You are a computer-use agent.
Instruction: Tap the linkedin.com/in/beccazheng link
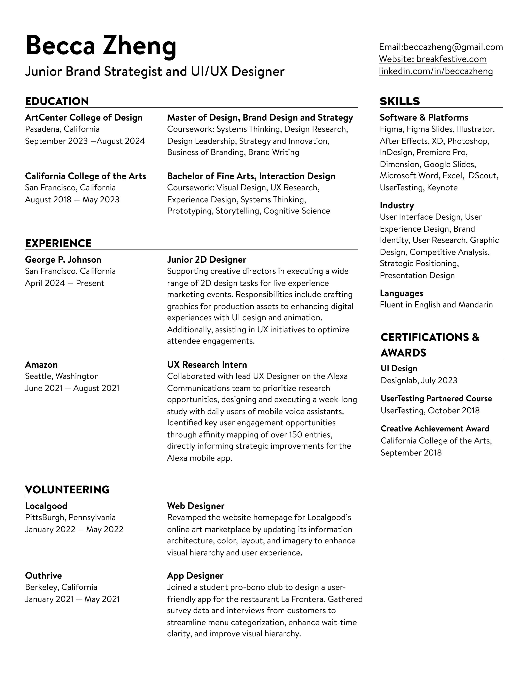tap(436, 71)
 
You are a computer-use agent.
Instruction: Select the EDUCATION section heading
tap(57, 101)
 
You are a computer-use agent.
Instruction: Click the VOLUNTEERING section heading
tap(67, 490)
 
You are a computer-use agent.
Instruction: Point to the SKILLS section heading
tap(400, 101)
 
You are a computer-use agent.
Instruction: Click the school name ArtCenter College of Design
tap(84, 118)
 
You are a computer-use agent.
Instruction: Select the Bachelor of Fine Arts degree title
tap(251, 176)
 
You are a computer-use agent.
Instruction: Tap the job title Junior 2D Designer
tap(206, 260)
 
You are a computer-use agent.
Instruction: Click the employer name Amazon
tap(41, 365)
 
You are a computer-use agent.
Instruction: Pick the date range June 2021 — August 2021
tap(72, 388)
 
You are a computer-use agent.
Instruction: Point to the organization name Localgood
tap(46, 506)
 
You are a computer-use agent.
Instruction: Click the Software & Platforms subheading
tap(424, 118)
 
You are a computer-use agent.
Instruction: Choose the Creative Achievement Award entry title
tap(435, 429)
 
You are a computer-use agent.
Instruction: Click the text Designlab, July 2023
tap(419, 380)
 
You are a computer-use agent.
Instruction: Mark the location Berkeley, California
tap(61, 587)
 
